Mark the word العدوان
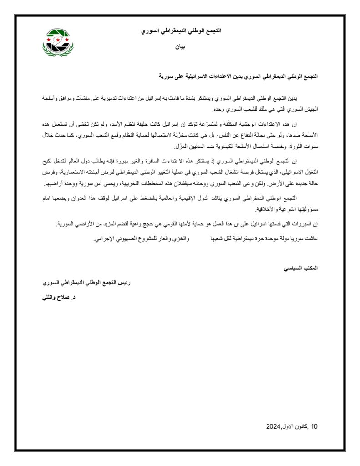[x=75, y=198]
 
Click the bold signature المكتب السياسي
[x=300, y=268]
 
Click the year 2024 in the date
[x=273, y=426]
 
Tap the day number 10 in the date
[x=314, y=426]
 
